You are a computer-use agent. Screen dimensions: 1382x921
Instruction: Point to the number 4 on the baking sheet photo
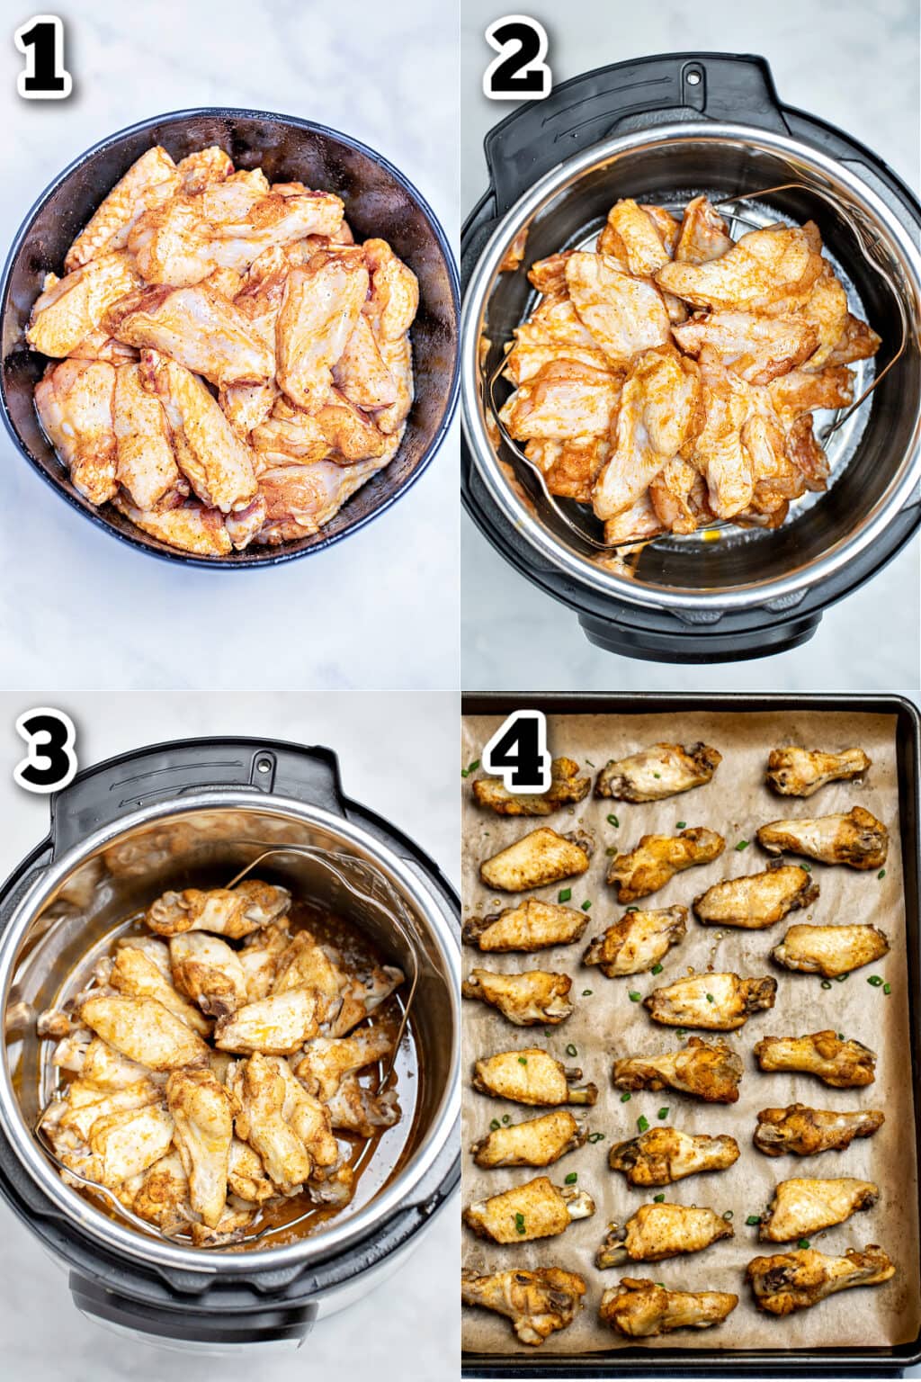pyautogui.click(x=516, y=749)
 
